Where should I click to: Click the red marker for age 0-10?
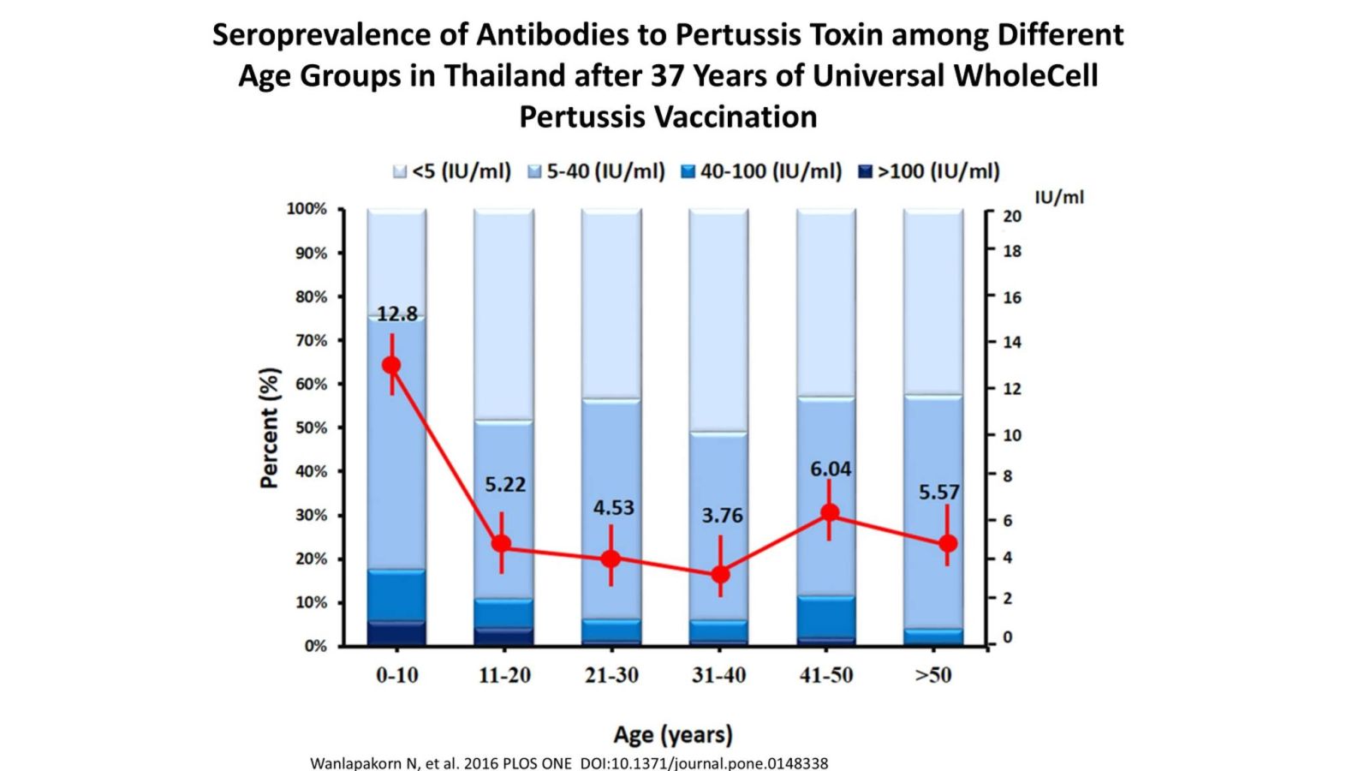tap(392, 366)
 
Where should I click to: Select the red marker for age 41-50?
tap(829, 513)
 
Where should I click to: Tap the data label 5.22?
tap(505, 485)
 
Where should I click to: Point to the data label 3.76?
tap(722, 516)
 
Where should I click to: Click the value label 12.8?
tap(397, 314)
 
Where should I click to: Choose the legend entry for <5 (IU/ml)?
tap(452, 171)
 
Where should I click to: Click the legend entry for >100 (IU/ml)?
tap(929, 171)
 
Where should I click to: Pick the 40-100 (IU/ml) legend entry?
tap(761, 171)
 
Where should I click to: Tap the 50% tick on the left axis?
tap(311, 427)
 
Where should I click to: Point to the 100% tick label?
tap(307, 209)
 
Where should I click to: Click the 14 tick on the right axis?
tap(1012, 343)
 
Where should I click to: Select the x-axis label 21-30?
tap(611, 675)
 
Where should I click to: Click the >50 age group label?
tap(933, 675)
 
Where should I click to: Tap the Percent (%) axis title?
tap(270, 427)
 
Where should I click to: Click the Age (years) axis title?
tap(673, 734)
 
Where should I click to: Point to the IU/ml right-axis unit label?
tap(1059, 197)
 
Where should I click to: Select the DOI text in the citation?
tap(704, 762)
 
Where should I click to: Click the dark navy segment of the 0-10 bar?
tap(396, 633)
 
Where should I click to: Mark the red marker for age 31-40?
tap(721, 574)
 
